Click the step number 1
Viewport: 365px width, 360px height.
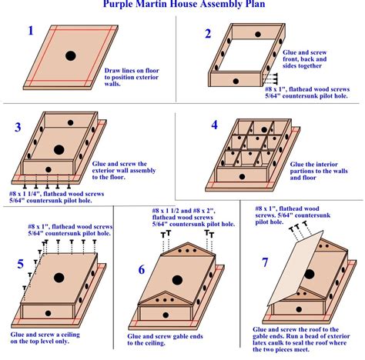pyautogui.click(x=30, y=32)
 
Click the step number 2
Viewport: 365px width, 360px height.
pyautogui.click(x=207, y=33)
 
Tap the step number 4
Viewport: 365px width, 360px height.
pyautogui.click(x=215, y=125)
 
